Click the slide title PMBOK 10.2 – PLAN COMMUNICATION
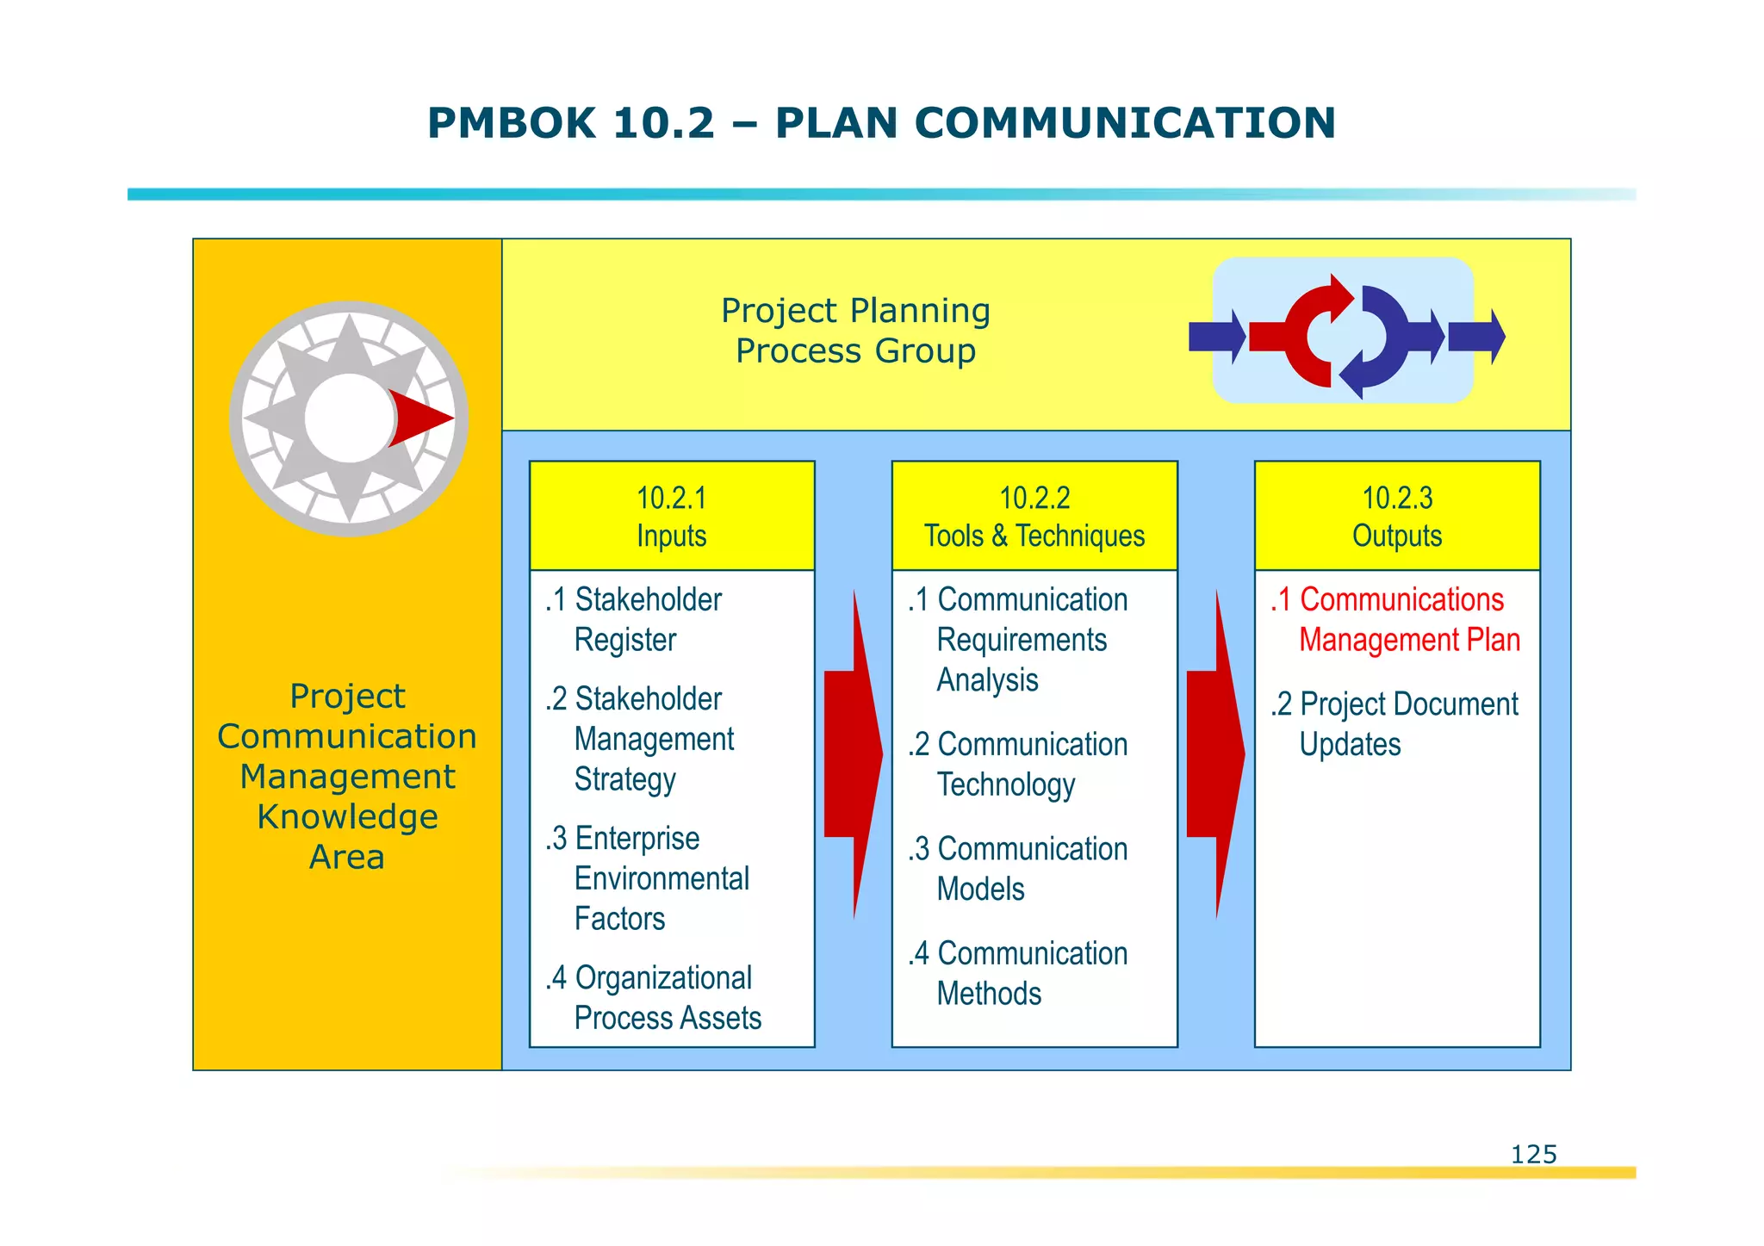881,122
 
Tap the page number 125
1533,1154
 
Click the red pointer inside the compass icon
418,418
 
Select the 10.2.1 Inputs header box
672,516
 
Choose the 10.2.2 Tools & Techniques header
1034,516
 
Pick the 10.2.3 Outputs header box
1397,516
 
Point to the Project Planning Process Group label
855,331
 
